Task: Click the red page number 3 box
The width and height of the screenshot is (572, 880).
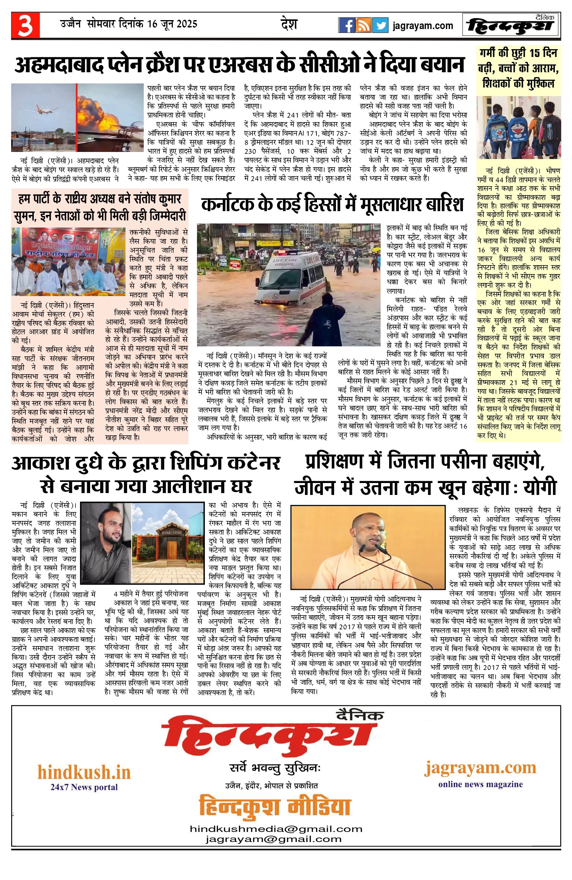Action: click(25, 25)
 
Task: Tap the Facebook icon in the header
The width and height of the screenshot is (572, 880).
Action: click(346, 25)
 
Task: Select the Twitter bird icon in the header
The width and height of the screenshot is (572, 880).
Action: click(380, 25)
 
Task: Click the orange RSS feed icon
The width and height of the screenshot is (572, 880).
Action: click(363, 25)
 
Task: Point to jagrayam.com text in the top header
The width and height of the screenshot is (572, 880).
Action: click(423, 26)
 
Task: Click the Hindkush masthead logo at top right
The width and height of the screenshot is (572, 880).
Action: click(511, 25)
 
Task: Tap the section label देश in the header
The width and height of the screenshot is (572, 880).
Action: click(289, 25)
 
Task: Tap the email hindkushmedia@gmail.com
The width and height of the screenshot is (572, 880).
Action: click(276, 829)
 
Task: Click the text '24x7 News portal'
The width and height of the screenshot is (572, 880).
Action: click(84, 787)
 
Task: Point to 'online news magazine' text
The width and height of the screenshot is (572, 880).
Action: click(480, 784)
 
